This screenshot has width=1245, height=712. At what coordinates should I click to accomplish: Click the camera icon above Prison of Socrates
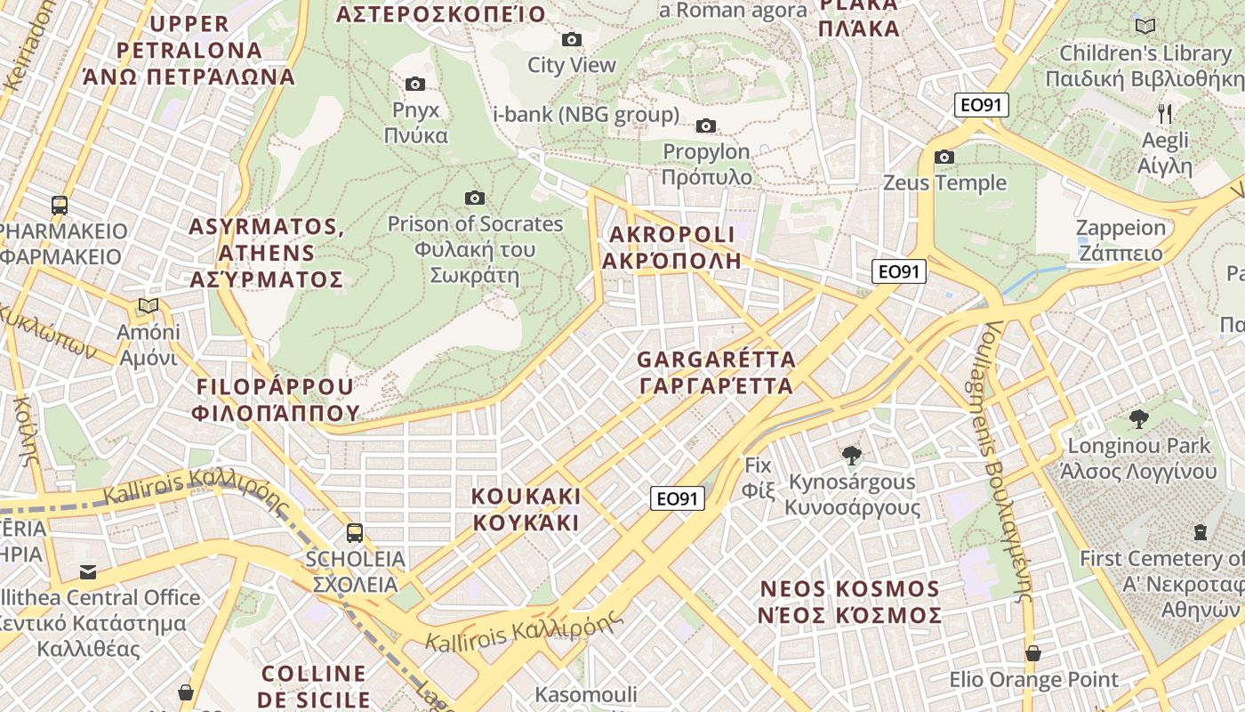[x=475, y=198]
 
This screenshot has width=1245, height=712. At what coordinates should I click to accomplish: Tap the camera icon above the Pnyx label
[x=414, y=85]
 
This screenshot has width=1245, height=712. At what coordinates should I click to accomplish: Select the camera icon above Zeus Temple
[x=944, y=158]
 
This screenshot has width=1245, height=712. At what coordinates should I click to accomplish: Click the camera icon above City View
[x=571, y=39]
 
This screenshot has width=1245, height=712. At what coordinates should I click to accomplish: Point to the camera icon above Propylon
[x=706, y=125]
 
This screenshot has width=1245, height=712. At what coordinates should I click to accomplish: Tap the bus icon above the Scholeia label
[x=354, y=533]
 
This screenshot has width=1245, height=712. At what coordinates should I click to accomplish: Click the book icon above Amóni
[x=149, y=306]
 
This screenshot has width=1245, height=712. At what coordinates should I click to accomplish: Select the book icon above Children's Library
[x=1145, y=27]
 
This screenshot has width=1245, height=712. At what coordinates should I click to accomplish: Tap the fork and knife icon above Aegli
[x=1165, y=113]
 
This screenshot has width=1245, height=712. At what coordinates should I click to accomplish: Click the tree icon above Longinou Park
[x=1138, y=419]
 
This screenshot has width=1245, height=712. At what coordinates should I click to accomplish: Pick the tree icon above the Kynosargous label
[x=851, y=456]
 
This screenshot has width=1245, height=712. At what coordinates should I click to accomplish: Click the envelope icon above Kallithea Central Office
[x=88, y=571]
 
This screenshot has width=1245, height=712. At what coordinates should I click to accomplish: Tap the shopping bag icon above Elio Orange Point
[x=1032, y=653]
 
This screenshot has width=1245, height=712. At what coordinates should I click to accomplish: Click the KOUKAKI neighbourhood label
[x=526, y=509]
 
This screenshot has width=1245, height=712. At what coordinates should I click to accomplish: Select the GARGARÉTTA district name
[x=716, y=373]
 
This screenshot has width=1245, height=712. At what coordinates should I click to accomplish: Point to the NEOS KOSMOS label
[x=849, y=603]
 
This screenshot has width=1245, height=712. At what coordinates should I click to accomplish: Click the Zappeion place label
[x=1120, y=240]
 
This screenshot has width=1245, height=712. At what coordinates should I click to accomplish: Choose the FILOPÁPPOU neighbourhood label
[x=275, y=400]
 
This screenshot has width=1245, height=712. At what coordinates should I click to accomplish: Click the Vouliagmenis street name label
[x=1007, y=463]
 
